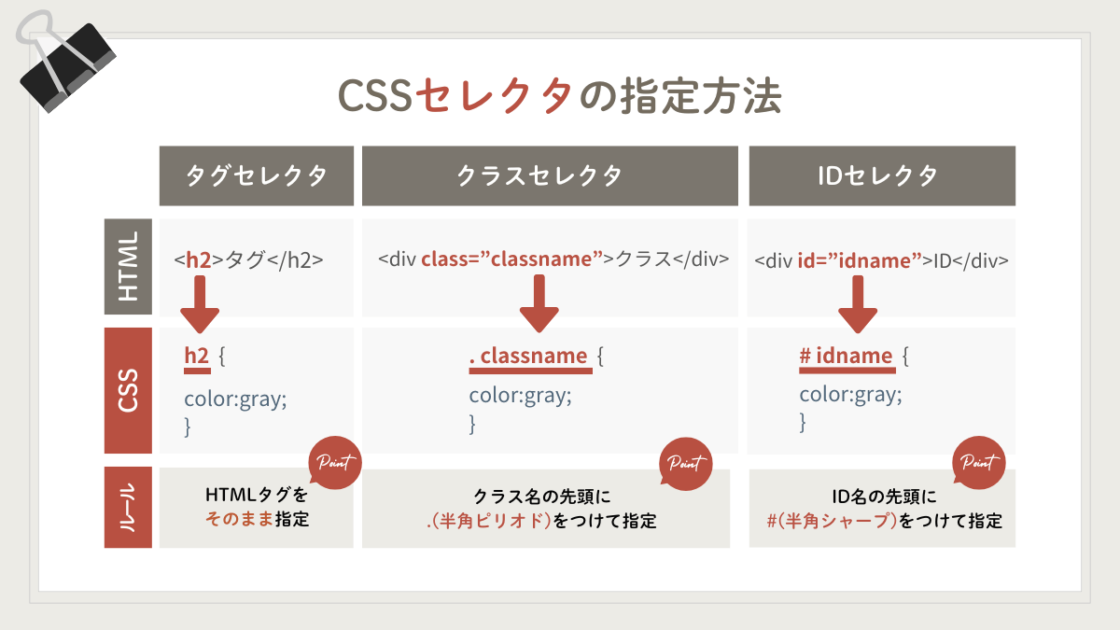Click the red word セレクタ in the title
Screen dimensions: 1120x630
[494, 95]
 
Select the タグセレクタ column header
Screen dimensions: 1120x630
[257, 175]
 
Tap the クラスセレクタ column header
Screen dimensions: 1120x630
[550, 175]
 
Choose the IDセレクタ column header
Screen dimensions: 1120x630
[882, 175]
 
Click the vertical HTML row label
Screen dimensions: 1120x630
[128, 266]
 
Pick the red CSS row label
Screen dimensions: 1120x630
[128, 390]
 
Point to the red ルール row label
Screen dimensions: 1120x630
[128, 507]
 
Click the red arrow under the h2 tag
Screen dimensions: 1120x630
[200, 304]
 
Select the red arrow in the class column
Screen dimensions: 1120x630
[539, 303]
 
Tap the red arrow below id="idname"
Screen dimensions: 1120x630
[858, 304]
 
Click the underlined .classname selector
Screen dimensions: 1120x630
[530, 358]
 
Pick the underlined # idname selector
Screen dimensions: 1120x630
[847, 358]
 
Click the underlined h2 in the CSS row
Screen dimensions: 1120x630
[197, 358]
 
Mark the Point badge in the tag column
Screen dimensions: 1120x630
[335, 463]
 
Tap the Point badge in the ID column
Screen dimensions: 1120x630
[978, 463]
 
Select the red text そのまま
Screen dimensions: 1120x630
[239, 519]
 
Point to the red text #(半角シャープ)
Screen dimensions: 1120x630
[832, 521]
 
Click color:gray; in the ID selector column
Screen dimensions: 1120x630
[850, 394]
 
